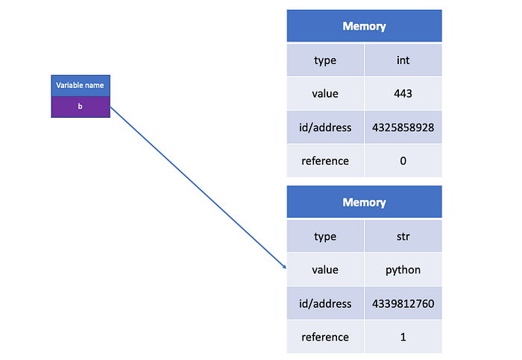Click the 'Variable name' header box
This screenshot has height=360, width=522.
81,86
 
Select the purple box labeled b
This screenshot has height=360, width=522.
81,107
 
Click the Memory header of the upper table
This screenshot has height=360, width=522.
364,26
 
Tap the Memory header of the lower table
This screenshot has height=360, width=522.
364,202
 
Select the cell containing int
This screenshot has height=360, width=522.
403,60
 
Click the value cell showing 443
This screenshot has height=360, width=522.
403,94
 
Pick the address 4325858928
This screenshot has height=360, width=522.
403,127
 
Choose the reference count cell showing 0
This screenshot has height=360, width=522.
403,161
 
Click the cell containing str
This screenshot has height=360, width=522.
403,236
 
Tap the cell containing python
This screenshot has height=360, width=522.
403,270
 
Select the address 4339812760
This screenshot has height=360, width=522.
403,303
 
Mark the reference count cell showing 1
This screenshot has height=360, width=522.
403,337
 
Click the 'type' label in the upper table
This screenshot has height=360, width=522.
325,60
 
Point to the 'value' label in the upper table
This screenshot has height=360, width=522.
325,94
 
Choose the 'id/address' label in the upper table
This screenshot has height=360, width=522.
325,127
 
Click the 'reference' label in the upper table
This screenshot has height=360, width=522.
325,161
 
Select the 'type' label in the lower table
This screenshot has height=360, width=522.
325,236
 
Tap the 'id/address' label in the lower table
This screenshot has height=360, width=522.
325,303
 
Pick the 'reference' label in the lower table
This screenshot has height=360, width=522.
325,337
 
